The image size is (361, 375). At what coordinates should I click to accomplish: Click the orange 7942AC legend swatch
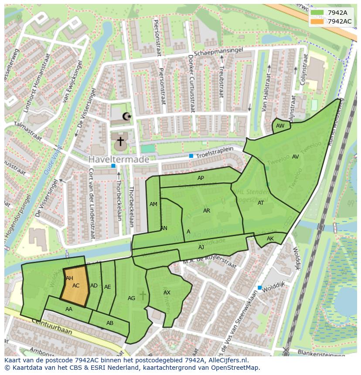coord(318,21)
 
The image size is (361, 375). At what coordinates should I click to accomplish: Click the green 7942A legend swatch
coord(318,13)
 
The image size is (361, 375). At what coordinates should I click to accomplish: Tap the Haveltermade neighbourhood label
coord(119,159)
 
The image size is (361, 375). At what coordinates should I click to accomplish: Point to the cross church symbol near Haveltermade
coord(120,141)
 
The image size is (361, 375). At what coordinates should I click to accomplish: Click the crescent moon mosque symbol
coord(126,116)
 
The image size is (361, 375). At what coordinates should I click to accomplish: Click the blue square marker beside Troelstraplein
coord(191,155)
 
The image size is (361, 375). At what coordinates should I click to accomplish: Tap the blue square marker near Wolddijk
coord(259,287)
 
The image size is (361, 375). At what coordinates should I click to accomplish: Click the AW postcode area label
coord(280,126)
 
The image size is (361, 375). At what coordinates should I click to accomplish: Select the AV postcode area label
coord(296,157)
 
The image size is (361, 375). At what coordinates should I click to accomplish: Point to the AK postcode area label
coord(270,239)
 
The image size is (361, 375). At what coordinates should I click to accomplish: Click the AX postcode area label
coord(167,293)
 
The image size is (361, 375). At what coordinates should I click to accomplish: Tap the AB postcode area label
coord(110,323)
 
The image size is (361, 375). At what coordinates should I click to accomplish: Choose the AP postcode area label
coord(201,178)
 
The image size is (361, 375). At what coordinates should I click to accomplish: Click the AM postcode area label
coord(153,204)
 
